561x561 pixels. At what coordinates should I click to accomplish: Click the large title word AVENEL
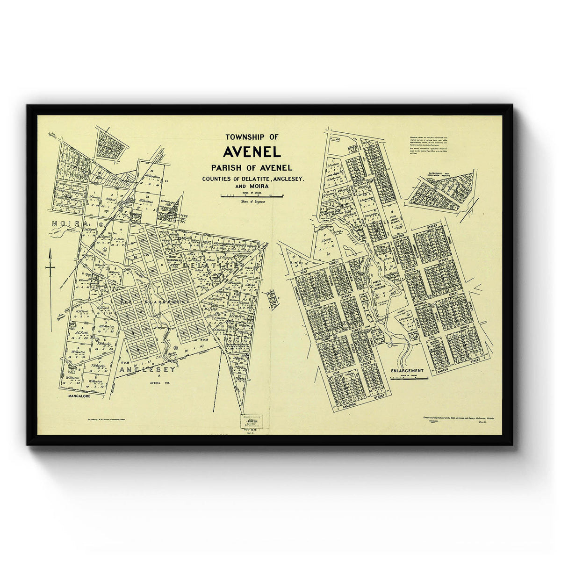coord(252,152)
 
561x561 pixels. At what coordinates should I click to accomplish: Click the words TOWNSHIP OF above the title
coord(252,137)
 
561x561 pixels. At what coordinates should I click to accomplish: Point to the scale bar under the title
coord(252,196)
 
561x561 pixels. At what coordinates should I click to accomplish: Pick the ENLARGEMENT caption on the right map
coord(407,370)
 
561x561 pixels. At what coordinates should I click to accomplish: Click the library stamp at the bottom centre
coord(252,422)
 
